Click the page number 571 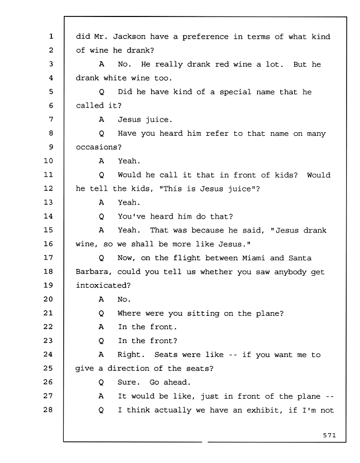pyautogui.click(x=329, y=435)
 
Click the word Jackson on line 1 pyautogui.click(x=129, y=37)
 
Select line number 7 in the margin pyautogui.click(x=51, y=119)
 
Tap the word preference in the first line pyautogui.click(x=205, y=37)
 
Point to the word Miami pyautogui.click(x=254, y=258)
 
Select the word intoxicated pyautogui.click(x=103, y=285)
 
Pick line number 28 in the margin pyautogui.click(x=48, y=409)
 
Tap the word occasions pyautogui.click(x=99, y=147)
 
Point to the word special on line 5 pyautogui.click(x=235, y=92)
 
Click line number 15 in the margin pyautogui.click(x=48, y=230)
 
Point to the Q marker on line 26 pyautogui.click(x=101, y=382)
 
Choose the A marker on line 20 pyautogui.click(x=101, y=299)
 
